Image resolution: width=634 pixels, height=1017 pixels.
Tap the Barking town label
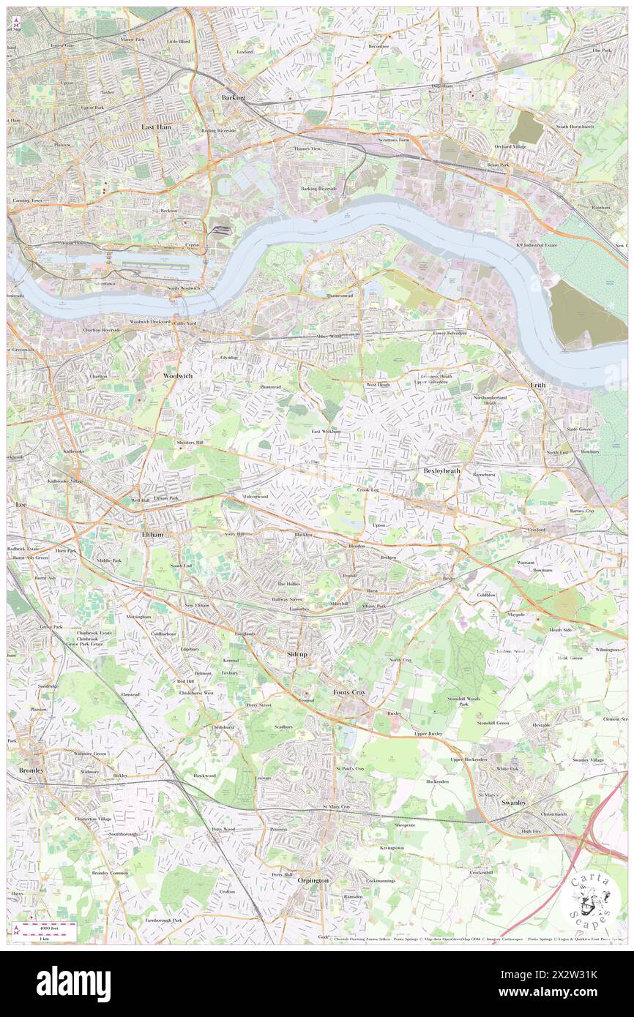click(234, 97)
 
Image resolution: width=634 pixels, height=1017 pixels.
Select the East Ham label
click(156, 127)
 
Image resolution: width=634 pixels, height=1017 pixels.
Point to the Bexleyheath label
click(442, 471)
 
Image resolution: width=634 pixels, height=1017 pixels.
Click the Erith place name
click(538, 384)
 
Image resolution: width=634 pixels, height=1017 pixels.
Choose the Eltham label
click(152, 535)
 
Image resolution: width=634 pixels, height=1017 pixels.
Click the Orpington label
click(313, 880)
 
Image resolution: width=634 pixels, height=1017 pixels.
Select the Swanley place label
click(514, 803)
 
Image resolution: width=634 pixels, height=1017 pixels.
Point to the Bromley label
click(31, 770)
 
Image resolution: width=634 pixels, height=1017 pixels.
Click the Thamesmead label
click(340, 296)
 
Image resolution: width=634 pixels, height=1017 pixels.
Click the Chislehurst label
click(222, 727)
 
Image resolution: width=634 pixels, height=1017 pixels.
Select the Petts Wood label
click(223, 829)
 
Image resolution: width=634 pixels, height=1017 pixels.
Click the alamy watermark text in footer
click(74, 984)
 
